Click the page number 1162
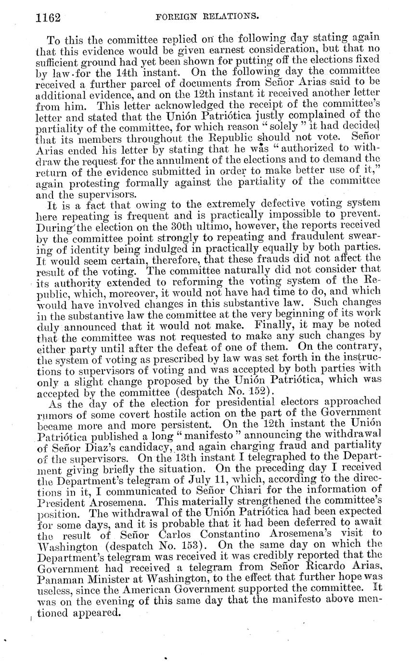pyautogui.click(x=48, y=18)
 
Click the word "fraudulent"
pyautogui.click(x=322, y=236)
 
